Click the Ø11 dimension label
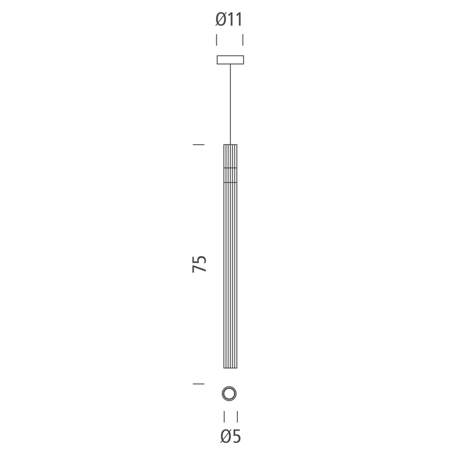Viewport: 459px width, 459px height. [x=229, y=19]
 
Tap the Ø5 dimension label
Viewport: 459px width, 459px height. [x=231, y=443]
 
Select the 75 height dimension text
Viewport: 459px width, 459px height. [x=199, y=264]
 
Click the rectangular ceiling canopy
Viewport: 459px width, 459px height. [x=230, y=60]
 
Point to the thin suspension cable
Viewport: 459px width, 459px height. [x=230, y=104]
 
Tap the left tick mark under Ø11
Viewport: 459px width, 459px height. [x=216, y=40]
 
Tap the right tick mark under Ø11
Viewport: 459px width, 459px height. [x=243, y=40]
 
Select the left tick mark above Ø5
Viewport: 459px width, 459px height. [x=224, y=417]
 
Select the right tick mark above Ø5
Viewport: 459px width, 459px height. [x=237, y=417]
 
